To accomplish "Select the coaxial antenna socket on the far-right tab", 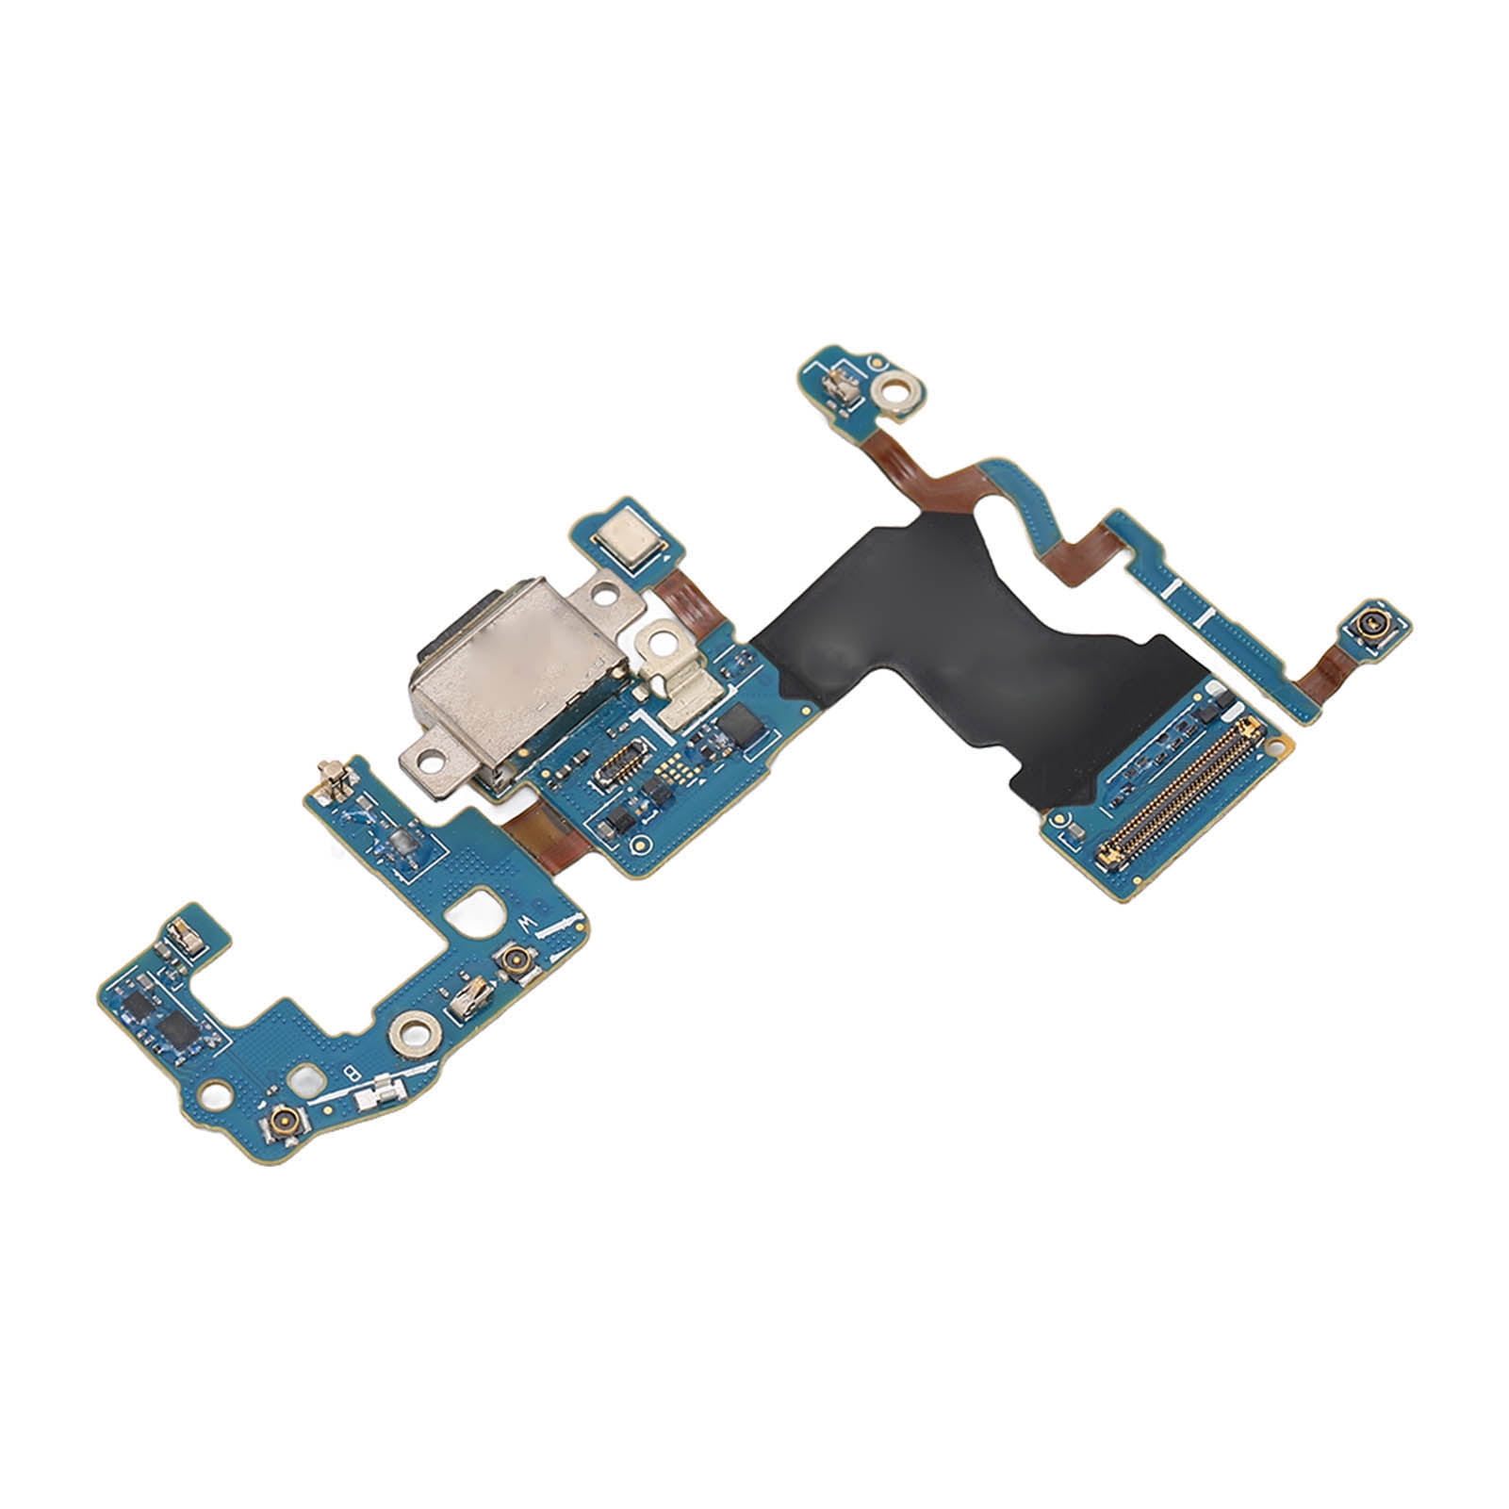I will [1367, 624].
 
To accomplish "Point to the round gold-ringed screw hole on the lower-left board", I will [411, 1033].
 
